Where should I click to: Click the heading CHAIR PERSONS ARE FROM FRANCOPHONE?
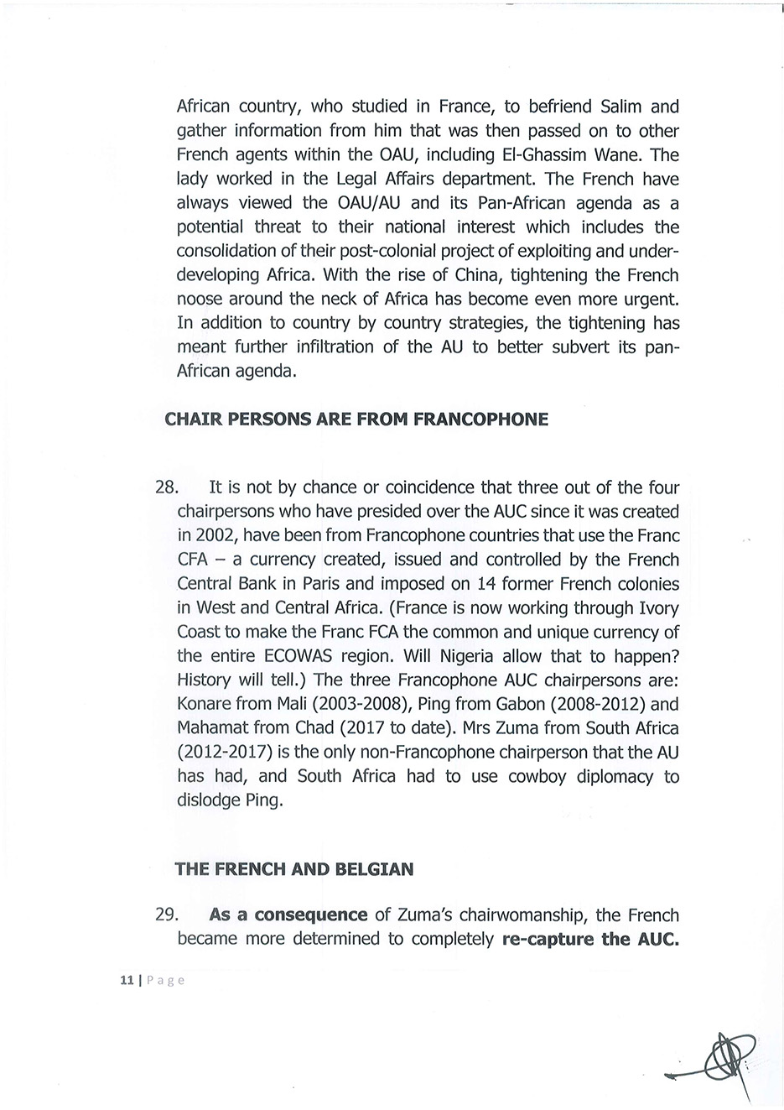[x=356, y=419]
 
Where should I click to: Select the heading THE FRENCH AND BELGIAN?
[x=293, y=869]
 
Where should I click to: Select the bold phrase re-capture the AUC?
[x=590, y=939]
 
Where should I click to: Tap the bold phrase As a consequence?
[x=288, y=915]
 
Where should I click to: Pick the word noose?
[x=200, y=300]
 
